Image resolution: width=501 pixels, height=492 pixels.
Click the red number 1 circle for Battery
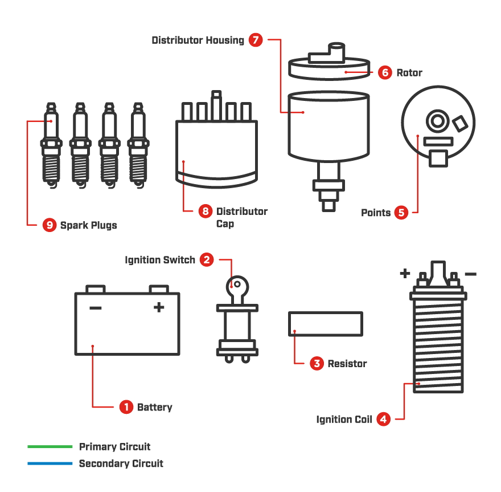click(126, 407)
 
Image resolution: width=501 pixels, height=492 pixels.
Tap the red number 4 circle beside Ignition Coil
click(384, 420)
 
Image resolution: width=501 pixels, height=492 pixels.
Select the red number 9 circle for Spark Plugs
click(50, 225)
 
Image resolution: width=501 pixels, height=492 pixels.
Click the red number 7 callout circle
click(256, 40)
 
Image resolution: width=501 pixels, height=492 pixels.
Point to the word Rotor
click(409, 72)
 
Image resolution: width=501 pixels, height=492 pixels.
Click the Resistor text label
click(347, 364)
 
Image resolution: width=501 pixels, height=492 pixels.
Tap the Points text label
click(376, 213)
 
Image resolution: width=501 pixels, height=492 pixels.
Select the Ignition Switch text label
click(160, 260)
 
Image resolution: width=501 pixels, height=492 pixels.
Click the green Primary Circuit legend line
click(50, 446)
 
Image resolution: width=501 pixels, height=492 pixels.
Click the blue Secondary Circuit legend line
click(50, 463)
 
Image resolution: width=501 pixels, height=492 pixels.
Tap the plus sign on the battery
click(159, 308)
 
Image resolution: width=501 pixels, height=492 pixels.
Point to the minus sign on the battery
click(95, 308)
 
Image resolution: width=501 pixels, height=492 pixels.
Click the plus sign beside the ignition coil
click(405, 274)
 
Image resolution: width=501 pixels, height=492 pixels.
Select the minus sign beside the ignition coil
click(471, 274)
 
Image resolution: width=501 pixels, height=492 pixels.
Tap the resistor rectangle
click(325, 323)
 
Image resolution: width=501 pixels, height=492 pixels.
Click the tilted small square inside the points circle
click(459, 123)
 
